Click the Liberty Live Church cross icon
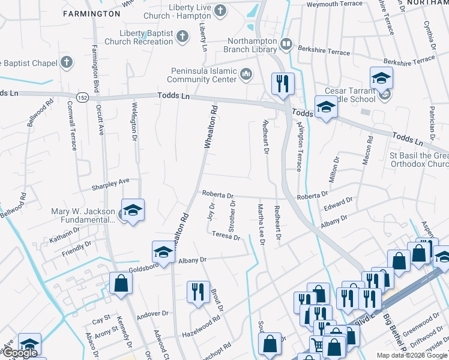pyautogui.click(x=220, y=10)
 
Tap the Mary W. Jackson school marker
pyautogui.click(x=133, y=211)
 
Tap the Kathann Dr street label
pyautogui.click(x=65, y=239)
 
